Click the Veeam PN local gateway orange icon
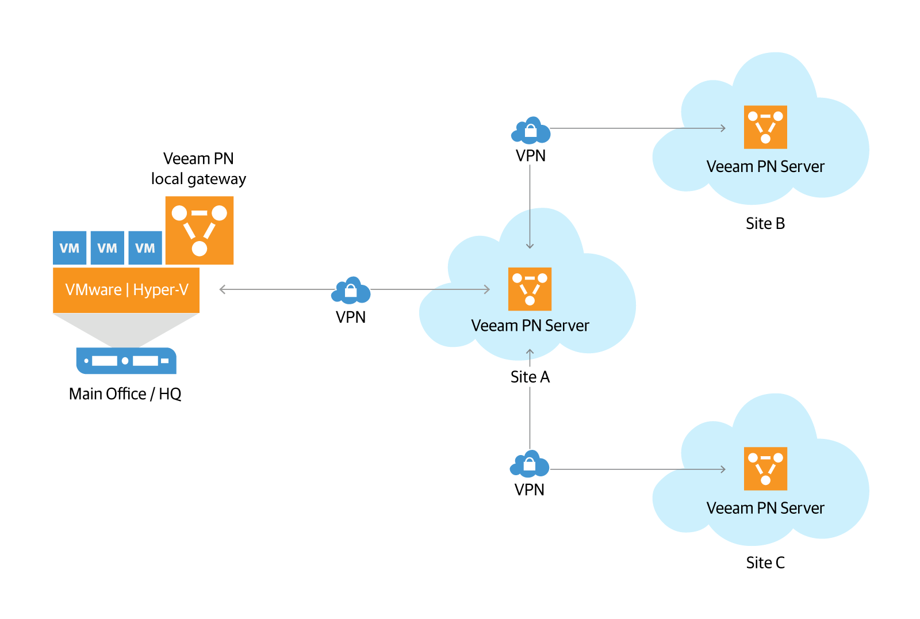coord(199,230)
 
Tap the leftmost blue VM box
coord(70,248)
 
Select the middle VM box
coord(108,248)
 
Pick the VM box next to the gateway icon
coord(145,248)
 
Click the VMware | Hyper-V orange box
coord(126,290)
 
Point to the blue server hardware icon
coord(126,361)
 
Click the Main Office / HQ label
coord(125,394)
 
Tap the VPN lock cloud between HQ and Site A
coord(351,291)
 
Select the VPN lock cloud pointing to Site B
coord(530,131)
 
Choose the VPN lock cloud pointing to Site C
coord(530,464)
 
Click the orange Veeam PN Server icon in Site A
coord(530,289)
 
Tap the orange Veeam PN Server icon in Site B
coord(765,127)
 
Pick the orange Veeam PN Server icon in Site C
coord(765,469)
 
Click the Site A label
coord(530,377)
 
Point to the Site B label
coord(765,224)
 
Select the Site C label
coord(765,563)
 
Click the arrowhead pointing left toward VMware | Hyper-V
coord(223,289)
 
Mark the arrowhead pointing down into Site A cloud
coord(530,246)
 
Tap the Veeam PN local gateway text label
coord(198,169)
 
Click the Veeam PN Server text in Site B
coord(765,167)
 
